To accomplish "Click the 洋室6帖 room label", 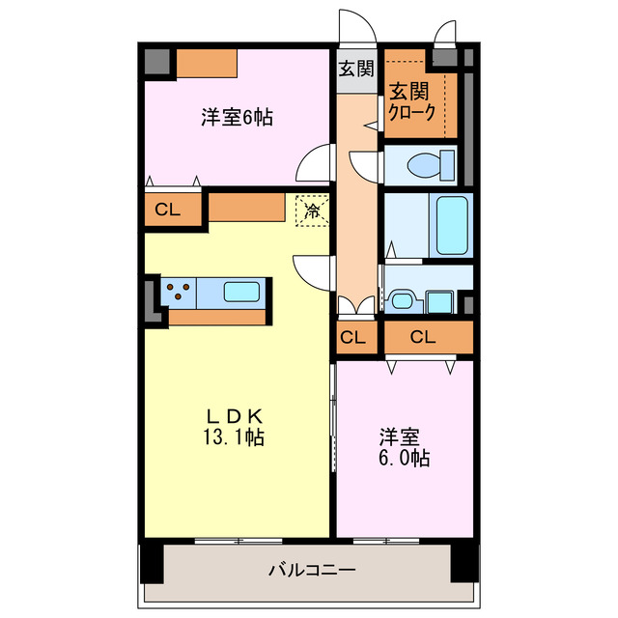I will [237, 118].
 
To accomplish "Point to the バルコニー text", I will [311, 570].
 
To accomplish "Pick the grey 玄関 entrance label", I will [356, 69].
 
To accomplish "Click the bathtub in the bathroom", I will [451, 224].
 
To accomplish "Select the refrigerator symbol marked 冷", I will [312, 209].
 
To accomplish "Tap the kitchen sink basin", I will [240, 291].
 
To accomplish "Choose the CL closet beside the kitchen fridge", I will [167, 209].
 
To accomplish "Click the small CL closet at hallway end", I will [353, 338].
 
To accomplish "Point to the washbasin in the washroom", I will [404, 300].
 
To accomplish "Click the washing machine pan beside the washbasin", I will [440, 301].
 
